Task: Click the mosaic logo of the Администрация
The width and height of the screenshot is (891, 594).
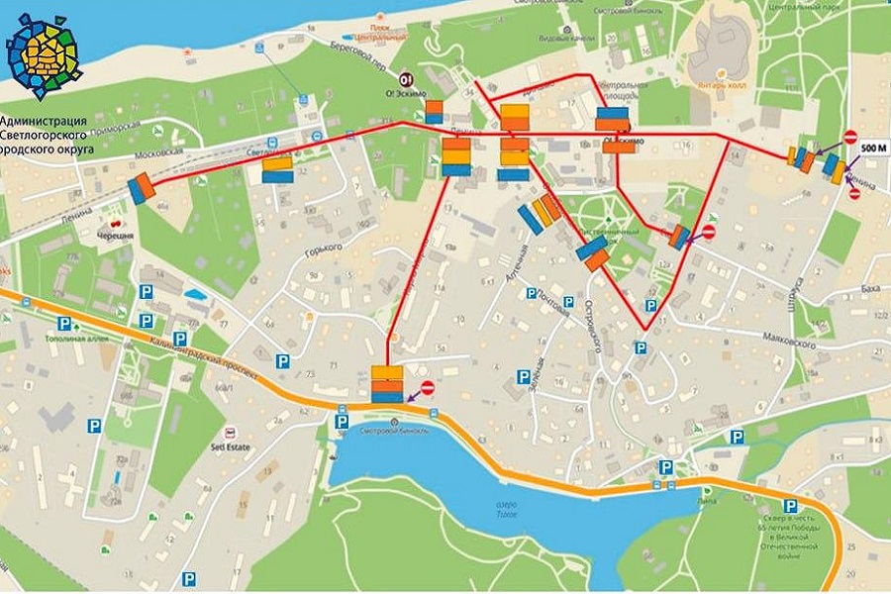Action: point(42,56)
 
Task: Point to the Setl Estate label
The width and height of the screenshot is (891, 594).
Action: point(231,446)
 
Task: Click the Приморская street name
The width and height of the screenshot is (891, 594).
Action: point(113,124)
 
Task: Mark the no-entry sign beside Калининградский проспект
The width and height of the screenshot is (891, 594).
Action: point(428,388)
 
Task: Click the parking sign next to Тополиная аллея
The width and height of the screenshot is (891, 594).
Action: point(64,324)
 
